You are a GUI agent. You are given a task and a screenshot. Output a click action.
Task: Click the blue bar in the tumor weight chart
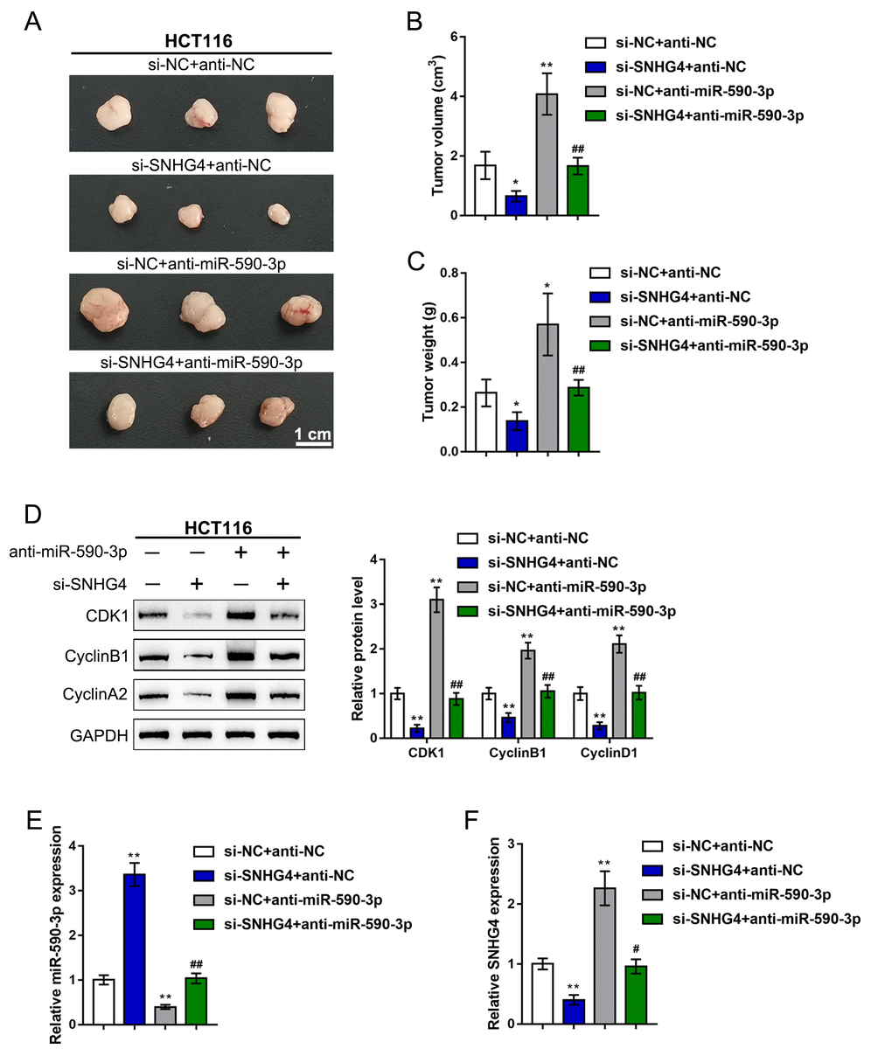pos(517,435)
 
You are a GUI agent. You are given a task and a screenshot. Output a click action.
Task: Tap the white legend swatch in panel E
pos(203,851)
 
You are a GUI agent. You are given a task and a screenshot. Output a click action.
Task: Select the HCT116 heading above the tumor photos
pos(199,40)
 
